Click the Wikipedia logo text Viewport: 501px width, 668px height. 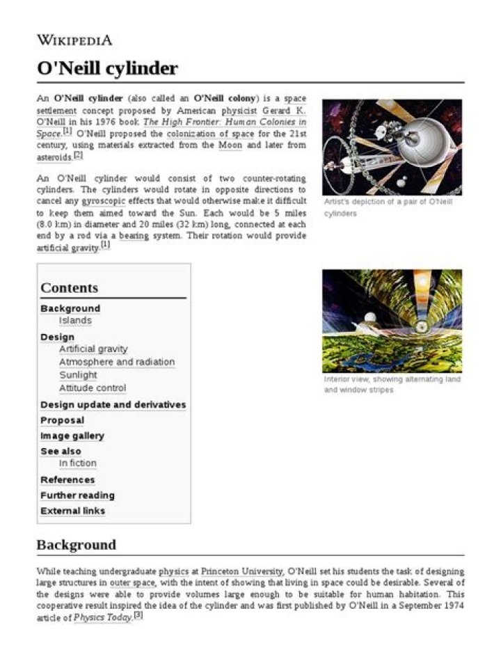click(x=74, y=40)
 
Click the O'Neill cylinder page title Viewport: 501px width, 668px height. click(x=107, y=68)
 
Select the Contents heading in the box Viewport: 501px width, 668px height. click(x=69, y=287)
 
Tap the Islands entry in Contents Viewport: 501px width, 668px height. click(x=75, y=321)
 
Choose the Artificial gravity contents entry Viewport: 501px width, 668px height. click(x=93, y=349)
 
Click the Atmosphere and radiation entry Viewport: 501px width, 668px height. click(x=116, y=362)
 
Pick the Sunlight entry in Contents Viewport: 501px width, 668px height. click(x=78, y=375)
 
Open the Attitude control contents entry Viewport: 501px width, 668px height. click(x=93, y=388)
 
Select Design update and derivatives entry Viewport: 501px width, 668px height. click(x=113, y=404)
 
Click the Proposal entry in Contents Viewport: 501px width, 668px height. click(x=62, y=420)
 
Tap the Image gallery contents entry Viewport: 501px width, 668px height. click(x=72, y=436)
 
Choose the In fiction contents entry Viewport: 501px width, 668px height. click(x=78, y=463)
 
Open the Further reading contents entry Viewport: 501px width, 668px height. click(x=77, y=495)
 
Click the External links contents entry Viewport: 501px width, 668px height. click(x=73, y=511)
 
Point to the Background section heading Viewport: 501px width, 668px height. click(x=76, y=544)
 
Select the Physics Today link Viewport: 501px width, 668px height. click(x=102, y=617)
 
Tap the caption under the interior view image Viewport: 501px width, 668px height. click(x=392, y=384)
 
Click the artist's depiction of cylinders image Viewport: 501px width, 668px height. click(x=392, y=147)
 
